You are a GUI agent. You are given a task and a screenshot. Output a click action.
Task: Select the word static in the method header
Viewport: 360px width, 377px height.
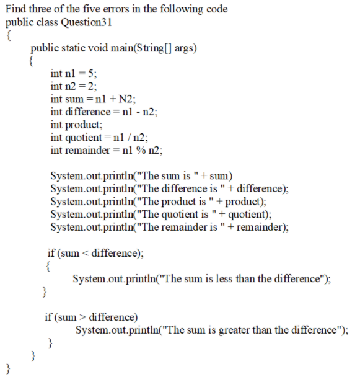tap(73, 48)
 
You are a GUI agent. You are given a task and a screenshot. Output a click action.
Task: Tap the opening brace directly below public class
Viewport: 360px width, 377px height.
tap(8, 35)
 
